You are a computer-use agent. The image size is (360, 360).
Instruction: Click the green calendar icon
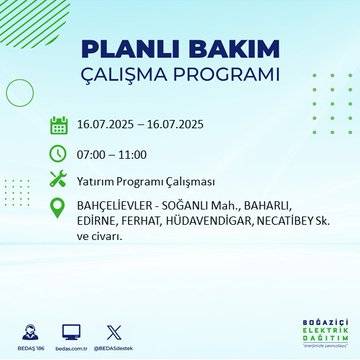click(59, 125)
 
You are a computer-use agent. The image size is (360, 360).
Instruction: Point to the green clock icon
click(59, 153)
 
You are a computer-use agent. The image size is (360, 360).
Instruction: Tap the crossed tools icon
click(59, 180)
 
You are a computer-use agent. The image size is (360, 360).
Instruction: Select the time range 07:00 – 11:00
click(112, 153)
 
